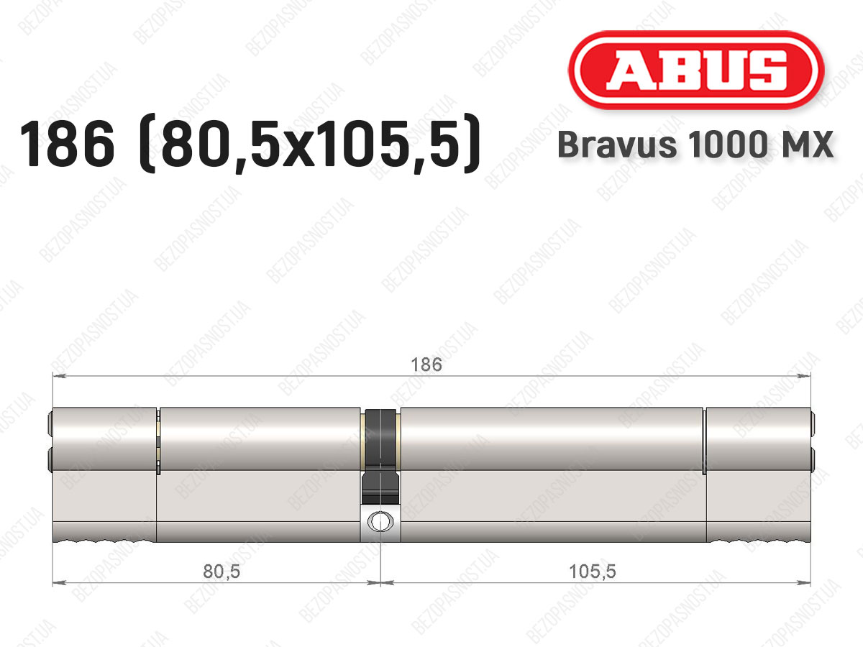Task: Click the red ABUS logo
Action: [696, 70]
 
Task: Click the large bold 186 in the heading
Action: [67, 144]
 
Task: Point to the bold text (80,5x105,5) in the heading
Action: [310, 144]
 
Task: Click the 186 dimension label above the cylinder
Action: [426, 364]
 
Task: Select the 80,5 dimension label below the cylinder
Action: [222, 572]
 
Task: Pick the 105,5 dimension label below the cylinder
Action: [593, 572]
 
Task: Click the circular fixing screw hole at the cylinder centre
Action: [380, 521]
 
